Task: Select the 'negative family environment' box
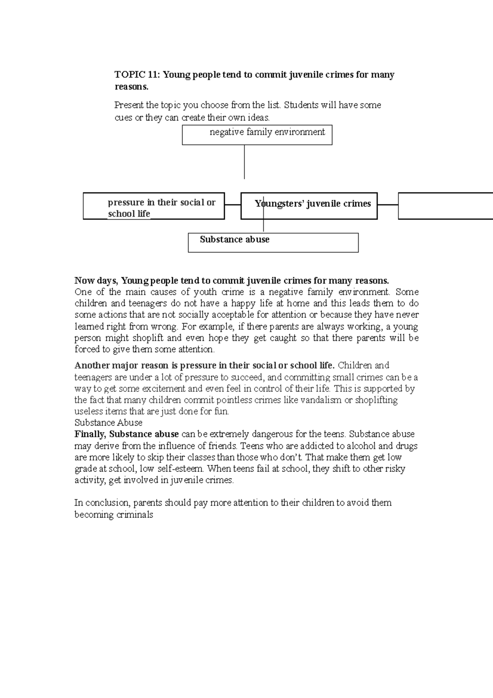tap(257, 135)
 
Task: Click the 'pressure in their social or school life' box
tap(154, 206)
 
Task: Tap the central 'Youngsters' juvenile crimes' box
tap(309, 206)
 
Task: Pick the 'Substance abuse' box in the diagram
tap(273, 243)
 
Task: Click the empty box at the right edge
tap(445, 206)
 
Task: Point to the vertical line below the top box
tap(244, 162)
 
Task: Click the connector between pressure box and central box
tap(233, 205)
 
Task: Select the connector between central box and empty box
tap(387, 204)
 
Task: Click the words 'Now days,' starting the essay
tap(96, 281)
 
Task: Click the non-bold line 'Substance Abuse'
tap(108, 423)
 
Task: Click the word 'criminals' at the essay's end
tap(135, 515)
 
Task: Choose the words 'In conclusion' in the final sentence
tap(101, 503)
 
